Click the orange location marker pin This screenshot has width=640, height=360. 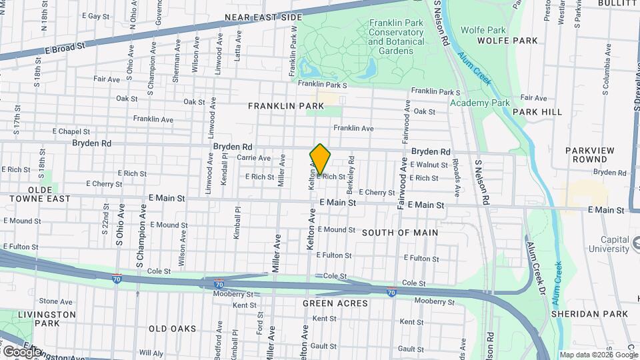[x=320, y=159]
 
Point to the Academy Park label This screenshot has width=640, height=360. [x=479, y=103]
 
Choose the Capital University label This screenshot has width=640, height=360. [x=613, y=245]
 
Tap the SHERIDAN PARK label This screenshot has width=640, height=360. [x=590, y=314]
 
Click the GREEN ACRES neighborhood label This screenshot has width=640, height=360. [x=335, y=303]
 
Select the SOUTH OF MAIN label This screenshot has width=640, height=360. [x=400, y=233]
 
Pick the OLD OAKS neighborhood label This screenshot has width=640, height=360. [x=172, y=329]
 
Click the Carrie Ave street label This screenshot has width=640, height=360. [x=254, y=158]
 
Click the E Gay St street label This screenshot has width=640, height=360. [x=95, y=15]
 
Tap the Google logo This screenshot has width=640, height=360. [x=21, y=351]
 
